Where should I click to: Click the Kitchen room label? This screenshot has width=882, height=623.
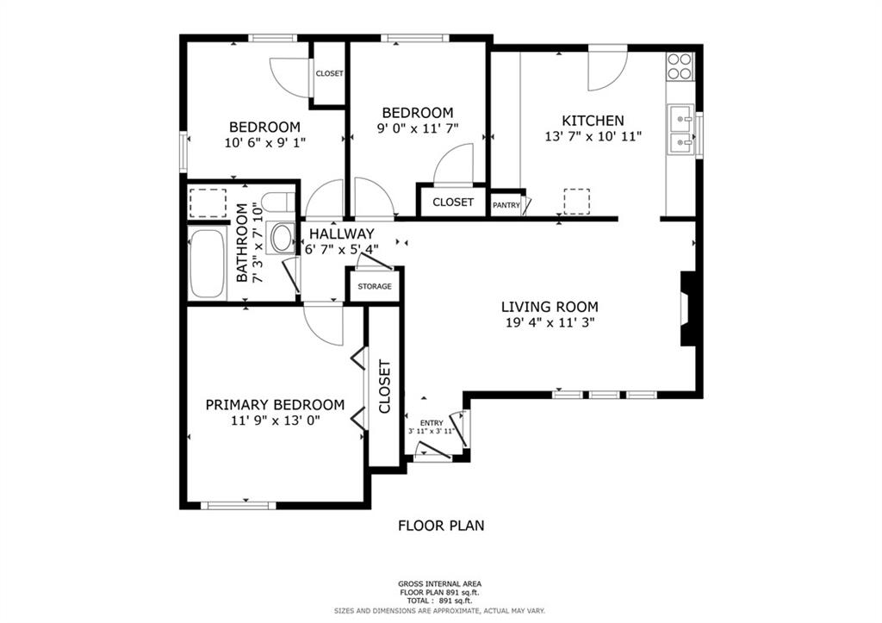593,121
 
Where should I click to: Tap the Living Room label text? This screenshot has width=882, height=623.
550,307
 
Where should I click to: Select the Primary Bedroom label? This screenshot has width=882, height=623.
275,405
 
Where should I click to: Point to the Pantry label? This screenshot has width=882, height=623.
506,205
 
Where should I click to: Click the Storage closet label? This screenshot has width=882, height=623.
375,286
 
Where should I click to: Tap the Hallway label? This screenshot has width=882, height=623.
341,234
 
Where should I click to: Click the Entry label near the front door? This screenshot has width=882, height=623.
432,423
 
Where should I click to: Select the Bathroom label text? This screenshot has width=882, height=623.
242,242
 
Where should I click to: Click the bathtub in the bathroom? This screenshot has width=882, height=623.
207,264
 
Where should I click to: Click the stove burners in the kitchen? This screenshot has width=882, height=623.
680,66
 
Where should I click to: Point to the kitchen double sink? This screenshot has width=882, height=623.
681,129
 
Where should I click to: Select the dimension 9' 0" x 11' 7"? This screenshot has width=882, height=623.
418,128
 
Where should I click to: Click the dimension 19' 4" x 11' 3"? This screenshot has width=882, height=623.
550,322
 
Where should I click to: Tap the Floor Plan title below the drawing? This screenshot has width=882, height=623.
441,526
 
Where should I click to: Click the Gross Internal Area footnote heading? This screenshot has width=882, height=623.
440,584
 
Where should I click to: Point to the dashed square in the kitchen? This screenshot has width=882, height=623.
576,202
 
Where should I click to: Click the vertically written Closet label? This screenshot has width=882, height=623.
385,387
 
